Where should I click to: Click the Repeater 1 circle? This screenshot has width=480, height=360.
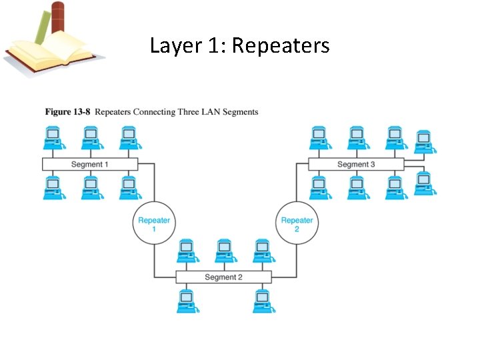[x=154, y=224]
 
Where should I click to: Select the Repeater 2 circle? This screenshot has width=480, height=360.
[x=297, y=224]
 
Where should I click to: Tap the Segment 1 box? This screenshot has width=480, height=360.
[x=90, y=164]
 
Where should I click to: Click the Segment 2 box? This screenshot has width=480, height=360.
[x=223, y=277]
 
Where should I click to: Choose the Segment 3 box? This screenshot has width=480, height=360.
[x=356, y=164]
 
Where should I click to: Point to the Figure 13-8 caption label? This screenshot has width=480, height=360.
[x=67, y=111]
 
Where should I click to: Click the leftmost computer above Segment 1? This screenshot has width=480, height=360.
[x=53, y=138]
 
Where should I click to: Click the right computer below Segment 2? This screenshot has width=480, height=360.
[x=262, y=301]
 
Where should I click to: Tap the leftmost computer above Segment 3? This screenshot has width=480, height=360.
[x=319, y=138]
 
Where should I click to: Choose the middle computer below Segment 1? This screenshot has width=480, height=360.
[x=91, y=187]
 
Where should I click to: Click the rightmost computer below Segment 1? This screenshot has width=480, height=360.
[x=129, y=187]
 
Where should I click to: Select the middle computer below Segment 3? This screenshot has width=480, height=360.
[x=357, y=187]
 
